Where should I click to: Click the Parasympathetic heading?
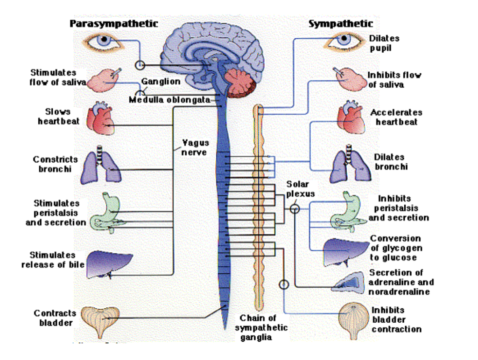point(114,23)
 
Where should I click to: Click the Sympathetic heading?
point(341,23)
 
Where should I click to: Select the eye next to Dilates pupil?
point(344,41)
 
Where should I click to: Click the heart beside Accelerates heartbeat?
point(351,119)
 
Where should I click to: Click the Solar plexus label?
point(301,188)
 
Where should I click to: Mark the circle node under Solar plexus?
point(294,208)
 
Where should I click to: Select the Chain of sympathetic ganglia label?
point(258,328)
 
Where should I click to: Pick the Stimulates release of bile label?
point(52,260)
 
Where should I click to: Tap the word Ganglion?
point(161,82)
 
